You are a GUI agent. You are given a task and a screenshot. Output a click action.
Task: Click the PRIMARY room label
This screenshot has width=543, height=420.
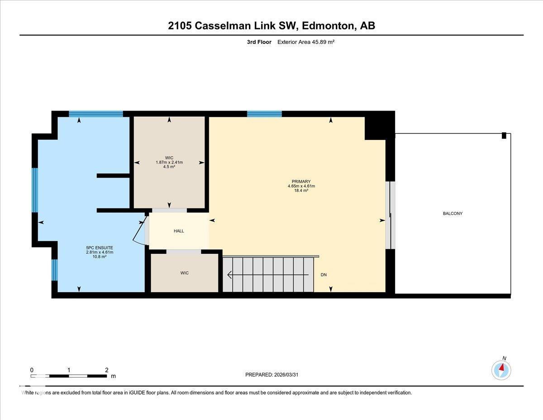click(301, 181)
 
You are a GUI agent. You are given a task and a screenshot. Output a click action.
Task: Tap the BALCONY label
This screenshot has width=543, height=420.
click(452, 213)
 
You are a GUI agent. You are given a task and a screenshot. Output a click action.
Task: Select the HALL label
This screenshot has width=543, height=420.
click(179, 231)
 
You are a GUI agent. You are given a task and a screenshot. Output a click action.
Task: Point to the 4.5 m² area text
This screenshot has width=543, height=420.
click(169, 167)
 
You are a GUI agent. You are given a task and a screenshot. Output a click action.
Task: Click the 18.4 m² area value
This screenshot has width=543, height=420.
click(301, 191)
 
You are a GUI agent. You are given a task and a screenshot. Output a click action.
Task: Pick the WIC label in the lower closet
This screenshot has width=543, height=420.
click(184, 273)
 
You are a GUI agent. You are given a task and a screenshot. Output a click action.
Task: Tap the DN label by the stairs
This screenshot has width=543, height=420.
click(324, 275)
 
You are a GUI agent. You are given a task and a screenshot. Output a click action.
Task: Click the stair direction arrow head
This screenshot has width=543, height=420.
click(230, 275)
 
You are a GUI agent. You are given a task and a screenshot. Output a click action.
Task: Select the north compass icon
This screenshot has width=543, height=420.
click(501, 370)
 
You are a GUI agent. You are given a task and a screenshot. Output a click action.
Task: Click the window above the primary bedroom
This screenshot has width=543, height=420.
click(264, 114)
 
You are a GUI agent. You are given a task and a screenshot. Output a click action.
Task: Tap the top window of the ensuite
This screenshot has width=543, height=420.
click(95, 114)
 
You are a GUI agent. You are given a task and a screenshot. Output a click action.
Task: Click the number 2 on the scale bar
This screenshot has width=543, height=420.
click(106, 370)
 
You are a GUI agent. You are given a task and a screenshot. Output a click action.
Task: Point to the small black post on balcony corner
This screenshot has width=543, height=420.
click(504, 135)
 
